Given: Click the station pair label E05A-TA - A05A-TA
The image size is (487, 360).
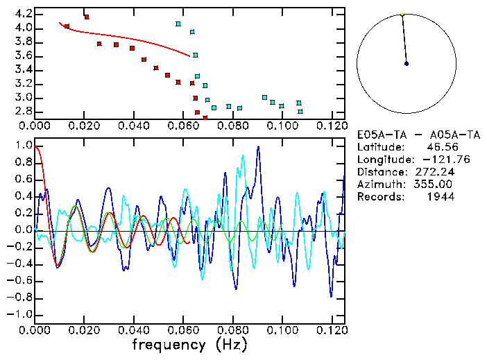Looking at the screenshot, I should coord(406,135).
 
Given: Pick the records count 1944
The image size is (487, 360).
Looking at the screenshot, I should coord(441,197).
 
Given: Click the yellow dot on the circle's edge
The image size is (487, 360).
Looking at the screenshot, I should coord(402,14).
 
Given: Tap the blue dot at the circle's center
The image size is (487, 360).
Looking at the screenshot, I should coord(407,63).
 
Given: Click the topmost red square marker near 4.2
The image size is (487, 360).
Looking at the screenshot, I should coord(87,17).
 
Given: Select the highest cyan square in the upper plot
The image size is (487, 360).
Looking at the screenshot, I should coord(178,24).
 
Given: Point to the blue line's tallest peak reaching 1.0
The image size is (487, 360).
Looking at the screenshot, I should coord(258,147).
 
